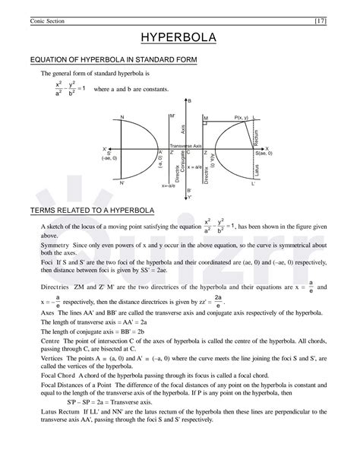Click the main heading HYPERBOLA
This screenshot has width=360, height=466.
pos(180,37)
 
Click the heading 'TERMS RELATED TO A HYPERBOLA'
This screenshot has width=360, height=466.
pos(91,208)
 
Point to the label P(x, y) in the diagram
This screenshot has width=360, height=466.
pos(243,117)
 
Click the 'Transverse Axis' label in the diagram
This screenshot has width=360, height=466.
pos(185,144)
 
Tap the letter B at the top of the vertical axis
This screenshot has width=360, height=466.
pos(190,101)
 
